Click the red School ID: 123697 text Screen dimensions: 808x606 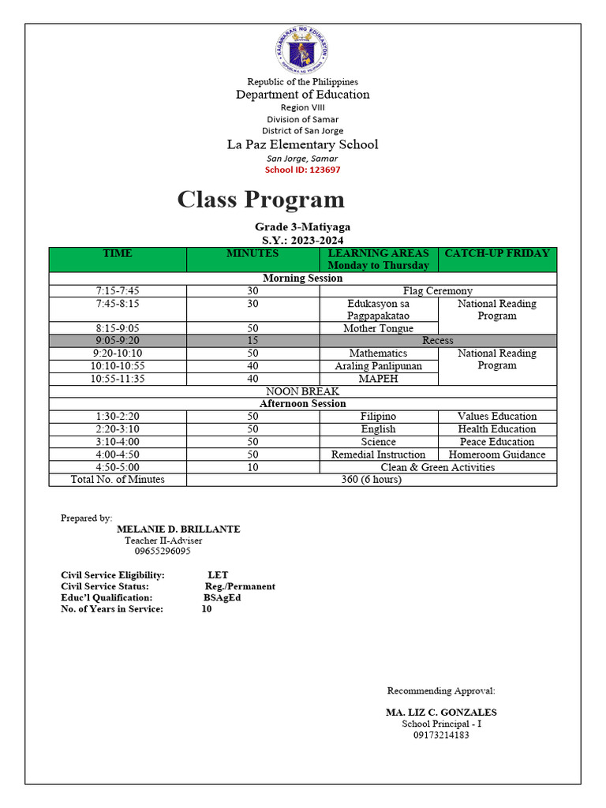[x=303, y=170]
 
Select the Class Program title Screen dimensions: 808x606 [x=260, y=199]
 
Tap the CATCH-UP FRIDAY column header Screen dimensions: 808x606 [x=496, y=254]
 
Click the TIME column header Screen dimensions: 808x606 [x=118, y=254]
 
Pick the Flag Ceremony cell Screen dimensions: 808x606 [x=437, y=291]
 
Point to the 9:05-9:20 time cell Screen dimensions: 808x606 [x=118, y=341]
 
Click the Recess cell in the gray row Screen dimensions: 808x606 [x=437, y=341]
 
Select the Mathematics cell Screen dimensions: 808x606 [x=378, y=353]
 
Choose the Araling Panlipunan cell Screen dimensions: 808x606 [x=378, y=366]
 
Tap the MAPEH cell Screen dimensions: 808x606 [x=378, y=379]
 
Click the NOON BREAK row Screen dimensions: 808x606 [x=302, y=391]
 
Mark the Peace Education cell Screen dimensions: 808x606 [x=496, y=442]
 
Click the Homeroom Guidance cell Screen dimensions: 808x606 [x=496, y=454]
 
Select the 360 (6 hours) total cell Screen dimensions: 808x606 [x=371, y=480]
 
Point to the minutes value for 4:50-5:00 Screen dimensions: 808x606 [x=252, y=467]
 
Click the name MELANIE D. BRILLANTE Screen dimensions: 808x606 [x=178, y=529]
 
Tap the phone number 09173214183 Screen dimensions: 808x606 [x=441, y=735]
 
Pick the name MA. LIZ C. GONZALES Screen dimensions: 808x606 [x=441, y=713]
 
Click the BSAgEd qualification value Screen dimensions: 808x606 [x=222, y=598]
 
